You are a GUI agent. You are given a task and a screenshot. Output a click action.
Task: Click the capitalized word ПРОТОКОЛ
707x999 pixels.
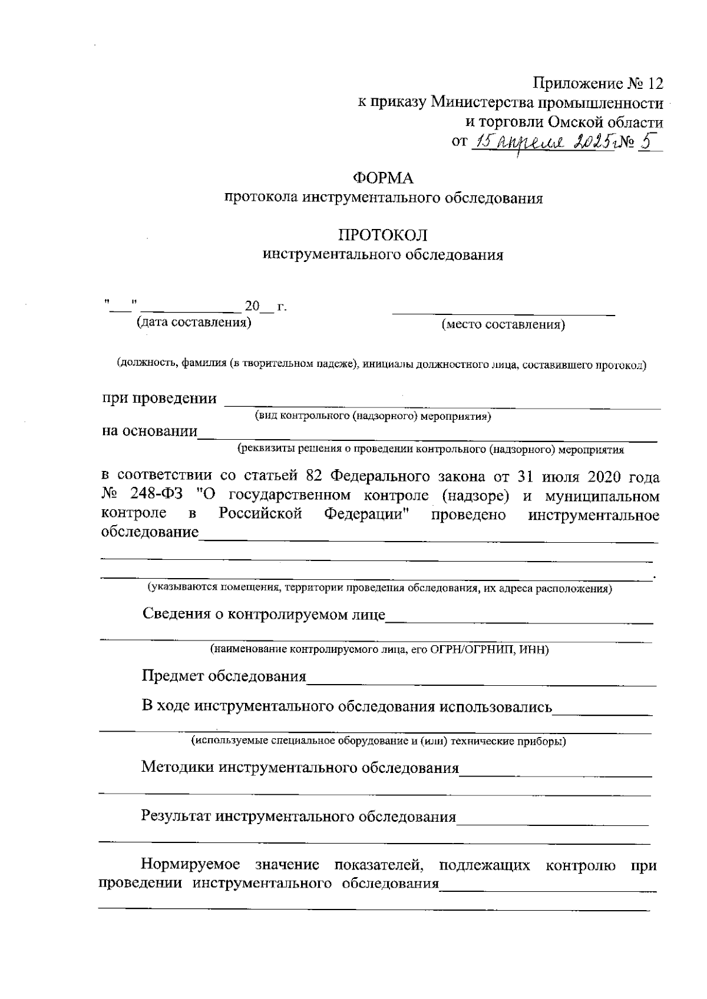(x=382, y=235)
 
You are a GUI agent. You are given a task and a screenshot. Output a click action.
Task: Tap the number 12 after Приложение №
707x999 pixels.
(x=654, y=83)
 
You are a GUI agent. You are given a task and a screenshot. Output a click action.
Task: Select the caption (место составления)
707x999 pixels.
(x=503, y=325)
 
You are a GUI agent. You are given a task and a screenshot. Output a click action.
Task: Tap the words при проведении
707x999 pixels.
(x=160, y=399)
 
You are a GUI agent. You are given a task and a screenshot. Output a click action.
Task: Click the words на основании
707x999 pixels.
(x=150, y=431)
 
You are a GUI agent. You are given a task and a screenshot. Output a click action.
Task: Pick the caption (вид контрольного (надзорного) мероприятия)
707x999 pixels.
(x=373, y=417)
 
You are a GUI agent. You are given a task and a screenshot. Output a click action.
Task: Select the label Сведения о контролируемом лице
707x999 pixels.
(x=264, y=614)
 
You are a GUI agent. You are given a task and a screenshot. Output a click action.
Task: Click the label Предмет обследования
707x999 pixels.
(x=224, y=676)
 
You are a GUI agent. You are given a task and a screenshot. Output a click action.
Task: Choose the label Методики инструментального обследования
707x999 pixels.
(x=300, y=767)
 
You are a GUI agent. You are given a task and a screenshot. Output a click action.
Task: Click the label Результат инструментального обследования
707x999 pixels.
(x=298, y=817)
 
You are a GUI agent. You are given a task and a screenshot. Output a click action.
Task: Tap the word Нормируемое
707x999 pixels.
(x=190, y=865)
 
